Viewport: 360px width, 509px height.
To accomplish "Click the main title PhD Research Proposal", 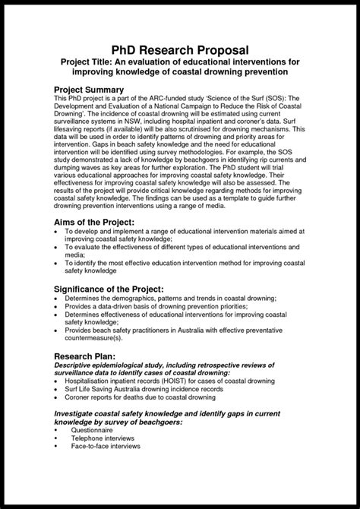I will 179,49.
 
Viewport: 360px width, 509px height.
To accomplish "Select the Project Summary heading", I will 94,90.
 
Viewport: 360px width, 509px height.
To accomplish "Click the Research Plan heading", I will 89,355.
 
